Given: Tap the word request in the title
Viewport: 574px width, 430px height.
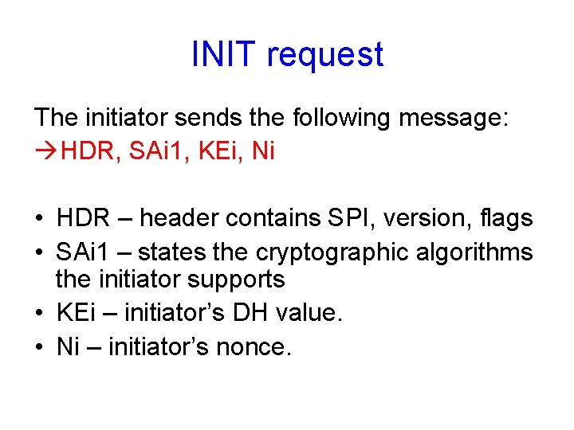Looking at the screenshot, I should [325, 56].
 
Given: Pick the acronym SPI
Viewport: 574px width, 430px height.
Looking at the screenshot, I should [345, 218].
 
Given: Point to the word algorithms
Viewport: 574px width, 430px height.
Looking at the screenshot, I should [482, 252].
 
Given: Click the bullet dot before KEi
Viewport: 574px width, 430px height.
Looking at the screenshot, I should [39, 313].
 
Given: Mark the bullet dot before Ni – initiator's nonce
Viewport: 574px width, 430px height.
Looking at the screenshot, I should [39, 347].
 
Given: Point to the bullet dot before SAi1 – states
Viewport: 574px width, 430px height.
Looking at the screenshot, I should [39, 252].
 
